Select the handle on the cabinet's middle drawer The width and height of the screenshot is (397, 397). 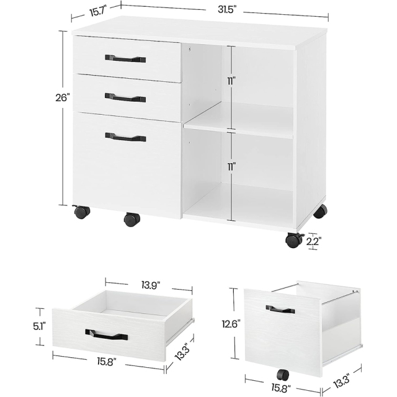[x=125, y=97]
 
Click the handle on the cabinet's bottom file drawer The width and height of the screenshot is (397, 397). [x=125, y=137]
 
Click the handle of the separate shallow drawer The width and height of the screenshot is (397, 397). [x=107, y=335]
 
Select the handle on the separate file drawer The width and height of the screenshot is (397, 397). [x=280, y=308]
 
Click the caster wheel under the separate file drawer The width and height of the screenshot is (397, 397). [x=283, y=374]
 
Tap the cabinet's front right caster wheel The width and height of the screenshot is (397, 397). [x=293, y=239]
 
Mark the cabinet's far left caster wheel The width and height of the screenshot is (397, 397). [x=81, y=212]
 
